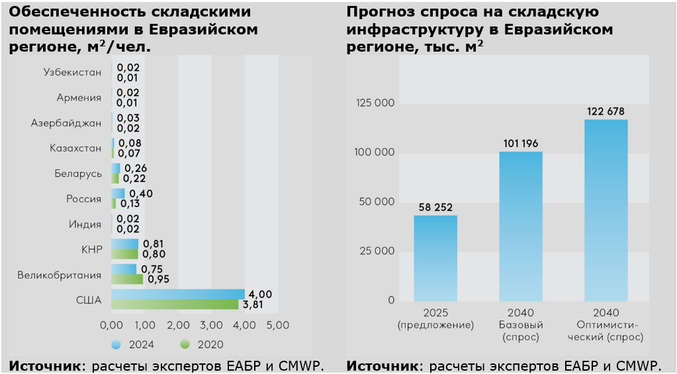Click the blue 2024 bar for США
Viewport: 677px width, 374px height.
tap(177, 294)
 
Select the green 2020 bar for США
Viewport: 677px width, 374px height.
tap(175, 304)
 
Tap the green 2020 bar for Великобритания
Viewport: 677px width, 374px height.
tap(126, 279)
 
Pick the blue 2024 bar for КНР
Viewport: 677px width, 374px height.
tap(124, 244)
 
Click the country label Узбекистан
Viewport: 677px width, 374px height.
tap(72, 72)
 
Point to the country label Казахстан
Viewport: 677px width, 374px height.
tap(75, 148)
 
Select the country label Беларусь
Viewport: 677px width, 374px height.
tap(78, 173)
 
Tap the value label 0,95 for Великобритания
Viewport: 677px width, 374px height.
tap(158, 279)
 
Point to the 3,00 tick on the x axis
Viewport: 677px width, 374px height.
tap(211, 326)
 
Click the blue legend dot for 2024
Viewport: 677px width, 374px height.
tap(116, 344)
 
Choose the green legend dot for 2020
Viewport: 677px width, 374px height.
tap(185, 344)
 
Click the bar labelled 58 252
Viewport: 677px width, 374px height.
tap(435, 258)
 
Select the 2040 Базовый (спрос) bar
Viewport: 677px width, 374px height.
tap(520, 226)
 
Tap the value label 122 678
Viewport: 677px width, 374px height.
tap(606, 111)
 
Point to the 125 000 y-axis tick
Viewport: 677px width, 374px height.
tap(375, 103)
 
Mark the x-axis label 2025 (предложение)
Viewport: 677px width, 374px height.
tap(435, 319)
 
